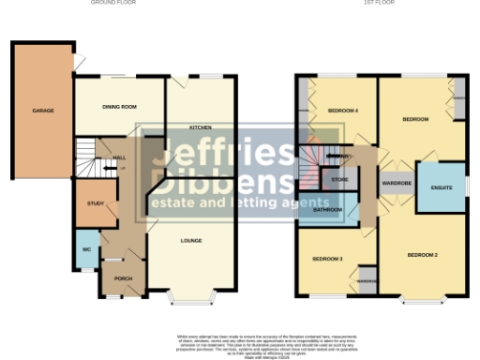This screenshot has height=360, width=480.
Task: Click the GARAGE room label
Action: pos(43,111)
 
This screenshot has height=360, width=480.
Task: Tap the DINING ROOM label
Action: pos(120,107)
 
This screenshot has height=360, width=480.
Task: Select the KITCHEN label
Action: pos(199,127)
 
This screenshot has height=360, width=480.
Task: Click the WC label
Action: pos(85,248)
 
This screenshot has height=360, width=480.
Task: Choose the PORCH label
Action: pos(123,279)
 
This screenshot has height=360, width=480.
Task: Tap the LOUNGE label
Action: pos(192,241)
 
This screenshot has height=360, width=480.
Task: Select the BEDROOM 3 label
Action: pos(327,258)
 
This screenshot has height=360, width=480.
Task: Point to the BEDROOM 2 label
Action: pos(423,255)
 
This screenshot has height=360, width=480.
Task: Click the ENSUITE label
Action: pos(442,188)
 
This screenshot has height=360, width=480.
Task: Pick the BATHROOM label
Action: pos(327,209)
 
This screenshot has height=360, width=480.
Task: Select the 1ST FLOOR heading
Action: pos(380,3)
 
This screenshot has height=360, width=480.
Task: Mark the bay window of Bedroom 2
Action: pos(423,300)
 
